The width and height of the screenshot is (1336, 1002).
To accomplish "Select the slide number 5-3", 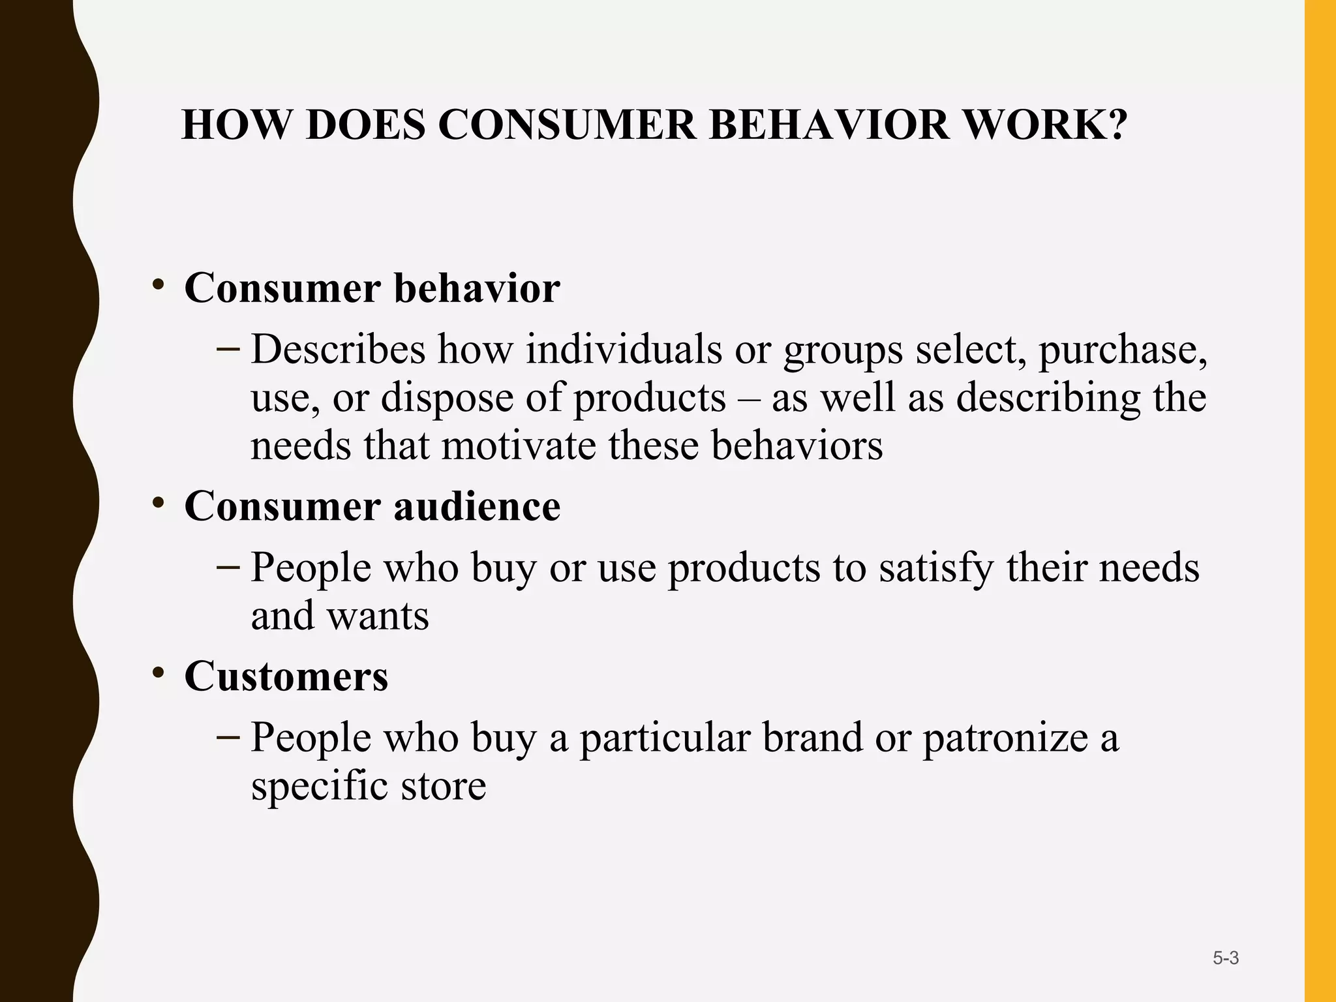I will click(x=1226, y=958).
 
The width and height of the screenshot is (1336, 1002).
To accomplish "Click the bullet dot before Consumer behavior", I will click(x=157, y=284).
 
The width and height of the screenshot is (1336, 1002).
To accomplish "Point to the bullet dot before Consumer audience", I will click(x=157, y=503).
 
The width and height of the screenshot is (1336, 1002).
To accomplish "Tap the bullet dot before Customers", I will click(x=157, y=673).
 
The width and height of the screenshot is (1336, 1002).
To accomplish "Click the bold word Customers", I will click(x=286, y=676).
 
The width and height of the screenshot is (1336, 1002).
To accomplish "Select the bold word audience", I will click(x=477, y=506).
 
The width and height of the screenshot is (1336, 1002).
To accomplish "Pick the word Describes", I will click(x=338, y=350).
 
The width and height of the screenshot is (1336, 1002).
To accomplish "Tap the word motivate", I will click(x=519, y=446).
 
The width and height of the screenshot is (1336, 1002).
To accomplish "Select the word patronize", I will click(x=1005, y=738).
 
